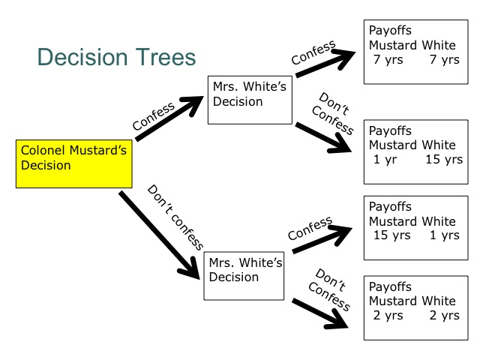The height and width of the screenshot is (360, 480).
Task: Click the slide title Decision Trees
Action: (116, 58)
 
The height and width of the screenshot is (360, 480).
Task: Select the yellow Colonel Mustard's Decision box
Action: (72, 163)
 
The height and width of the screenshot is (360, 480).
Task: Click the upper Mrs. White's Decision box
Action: (250, 98)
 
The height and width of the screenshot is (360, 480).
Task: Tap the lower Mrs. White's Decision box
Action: (244, 275)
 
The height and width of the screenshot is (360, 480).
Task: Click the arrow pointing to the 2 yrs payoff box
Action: (323, 313)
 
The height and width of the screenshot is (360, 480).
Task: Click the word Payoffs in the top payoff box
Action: (391, 31)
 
